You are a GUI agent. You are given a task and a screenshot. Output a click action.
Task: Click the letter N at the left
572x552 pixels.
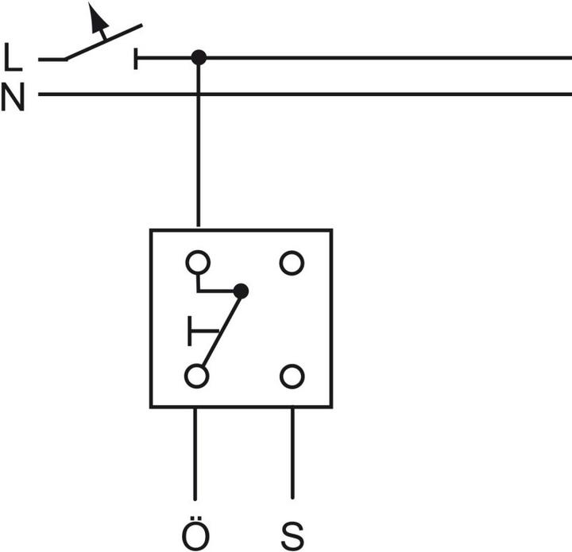[x=13, y=99]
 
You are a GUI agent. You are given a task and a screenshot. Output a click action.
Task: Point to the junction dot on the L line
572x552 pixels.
[x=199, y=57]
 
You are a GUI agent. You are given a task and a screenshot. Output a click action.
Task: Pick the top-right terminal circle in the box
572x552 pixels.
[x=292, y=262]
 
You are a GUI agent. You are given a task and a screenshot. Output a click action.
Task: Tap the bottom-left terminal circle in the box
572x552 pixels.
[x=196, y=376]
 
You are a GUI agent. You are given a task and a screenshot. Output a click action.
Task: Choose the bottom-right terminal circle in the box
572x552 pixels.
[x=292, y=376]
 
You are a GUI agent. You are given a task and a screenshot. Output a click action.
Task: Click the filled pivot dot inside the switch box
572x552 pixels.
[x=242, y=291]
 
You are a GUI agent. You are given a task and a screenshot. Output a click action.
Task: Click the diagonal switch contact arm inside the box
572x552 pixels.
[x=222, y=330]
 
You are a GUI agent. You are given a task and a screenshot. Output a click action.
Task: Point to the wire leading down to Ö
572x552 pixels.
[x=196, y=453]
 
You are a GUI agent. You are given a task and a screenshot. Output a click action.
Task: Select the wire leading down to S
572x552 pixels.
[x=292, y=453]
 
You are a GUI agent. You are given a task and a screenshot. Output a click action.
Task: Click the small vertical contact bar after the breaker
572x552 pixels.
[x=137, y=58]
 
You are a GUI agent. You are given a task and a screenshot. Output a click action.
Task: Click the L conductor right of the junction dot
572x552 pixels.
[x=381, y=57]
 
